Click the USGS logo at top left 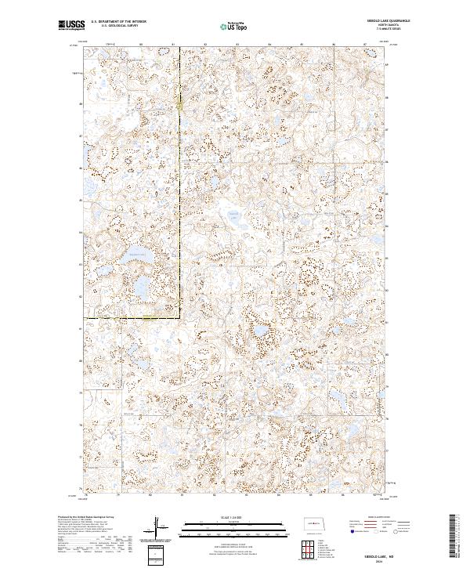pyautogui.click(x=71, y=26)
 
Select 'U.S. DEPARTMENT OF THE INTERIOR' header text pyautogui.click(x=118, y=22)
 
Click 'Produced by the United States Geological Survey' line pyautogui.click(x=81, y=517)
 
